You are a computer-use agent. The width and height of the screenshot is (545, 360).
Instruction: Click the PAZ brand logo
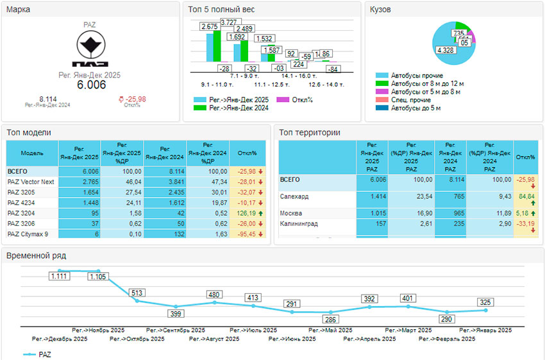(x=90, y=48)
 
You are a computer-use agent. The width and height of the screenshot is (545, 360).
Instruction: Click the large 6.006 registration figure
(x=92, y=85)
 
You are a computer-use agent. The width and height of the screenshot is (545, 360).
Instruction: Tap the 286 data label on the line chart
(x=330, y=319)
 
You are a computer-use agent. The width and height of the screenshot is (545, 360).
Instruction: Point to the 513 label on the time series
(x=137, y=293)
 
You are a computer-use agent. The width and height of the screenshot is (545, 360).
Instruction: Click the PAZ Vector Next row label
(x=31, y=182)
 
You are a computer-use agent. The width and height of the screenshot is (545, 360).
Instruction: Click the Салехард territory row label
(x=294, y=196)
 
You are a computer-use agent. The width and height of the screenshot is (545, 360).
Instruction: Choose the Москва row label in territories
(x=291, y=213)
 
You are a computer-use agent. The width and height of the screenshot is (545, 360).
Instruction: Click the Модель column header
(x=31, y=154)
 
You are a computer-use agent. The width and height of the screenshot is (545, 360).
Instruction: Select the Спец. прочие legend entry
(x=410, y=100)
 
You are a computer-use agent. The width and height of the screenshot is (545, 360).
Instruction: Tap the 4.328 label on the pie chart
(x=444, y=50)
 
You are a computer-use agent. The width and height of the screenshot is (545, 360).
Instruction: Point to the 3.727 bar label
(x=229, y=22)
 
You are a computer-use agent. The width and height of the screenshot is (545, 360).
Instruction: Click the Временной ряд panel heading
(x=36, y=255)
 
